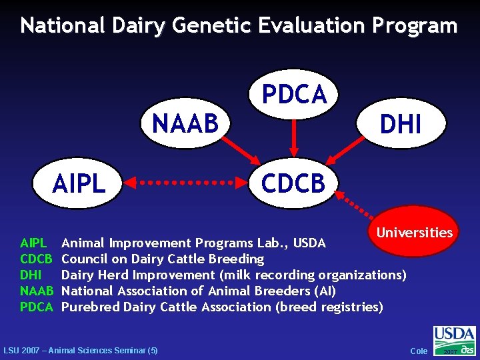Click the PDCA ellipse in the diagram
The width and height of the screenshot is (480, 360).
294,94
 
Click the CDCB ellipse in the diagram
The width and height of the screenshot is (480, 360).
293,182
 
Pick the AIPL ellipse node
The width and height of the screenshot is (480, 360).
78,182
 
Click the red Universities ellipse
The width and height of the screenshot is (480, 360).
414,232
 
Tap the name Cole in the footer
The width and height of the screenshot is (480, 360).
419,351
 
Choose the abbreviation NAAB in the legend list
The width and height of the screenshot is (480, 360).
36,291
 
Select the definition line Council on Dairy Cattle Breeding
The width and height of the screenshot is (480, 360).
163,259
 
